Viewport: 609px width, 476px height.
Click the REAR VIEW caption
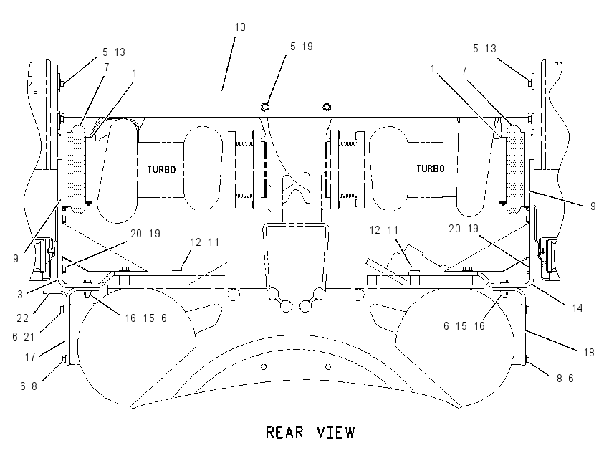pos(310,432)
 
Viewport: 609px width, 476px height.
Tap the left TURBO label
pos(161,169)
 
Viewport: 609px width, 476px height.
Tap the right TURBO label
pos(431,168)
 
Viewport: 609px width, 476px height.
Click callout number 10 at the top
pos(240,27)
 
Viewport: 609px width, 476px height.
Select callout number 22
pos(23,318)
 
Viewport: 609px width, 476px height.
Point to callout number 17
pos(30,356)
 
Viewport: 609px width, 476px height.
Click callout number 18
pos(589,353)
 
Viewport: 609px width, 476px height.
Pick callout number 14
pos(577,308)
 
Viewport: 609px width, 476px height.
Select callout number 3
pos(20,294)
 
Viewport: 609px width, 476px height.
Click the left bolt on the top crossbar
pos(265,107)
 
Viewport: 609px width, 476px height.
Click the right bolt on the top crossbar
pos(327,107)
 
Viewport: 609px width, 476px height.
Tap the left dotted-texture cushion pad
pos(76,169)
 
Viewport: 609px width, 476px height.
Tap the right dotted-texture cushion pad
pos(515,169)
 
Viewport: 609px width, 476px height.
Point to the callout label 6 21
pos(24,336)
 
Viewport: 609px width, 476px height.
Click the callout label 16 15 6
pos(145,318)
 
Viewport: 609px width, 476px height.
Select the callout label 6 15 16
pos(464,325)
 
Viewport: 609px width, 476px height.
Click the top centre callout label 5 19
pos(302,47)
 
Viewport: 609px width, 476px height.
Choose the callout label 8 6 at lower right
pos(565,378)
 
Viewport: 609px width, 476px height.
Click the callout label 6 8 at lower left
pos(29,386)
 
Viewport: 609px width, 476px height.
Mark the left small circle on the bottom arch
pos(264,366)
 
